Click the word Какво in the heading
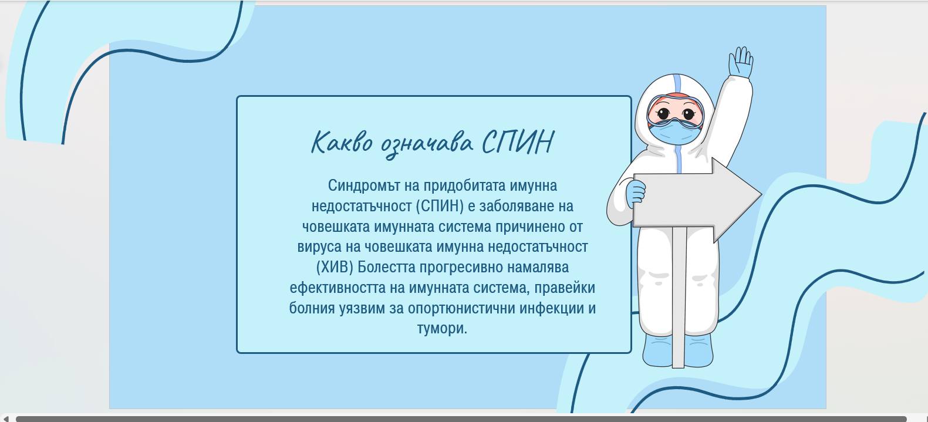[x=342, y=142]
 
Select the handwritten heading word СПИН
[x=518, y=142]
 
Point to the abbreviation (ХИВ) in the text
[x=335, y=267]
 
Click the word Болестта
[x=386, y=267]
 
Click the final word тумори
[x=442, y=329]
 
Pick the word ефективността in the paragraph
[x=338, y=288]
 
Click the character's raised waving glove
[x=741, y=62]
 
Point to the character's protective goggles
[x=675, y=111]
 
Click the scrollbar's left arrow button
[x=5, y=418]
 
